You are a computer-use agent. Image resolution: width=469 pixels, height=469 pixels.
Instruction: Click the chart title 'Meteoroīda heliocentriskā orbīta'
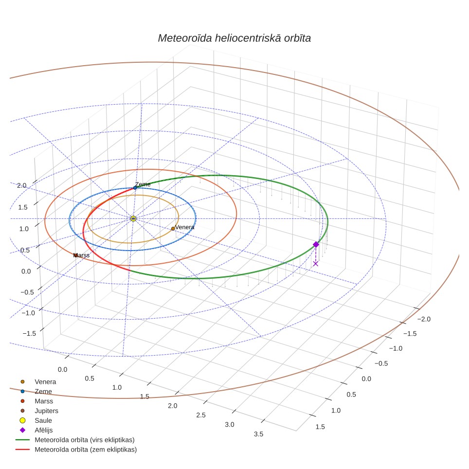click(234, 38)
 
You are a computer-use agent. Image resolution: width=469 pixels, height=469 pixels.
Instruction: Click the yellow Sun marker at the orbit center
click(133, 218)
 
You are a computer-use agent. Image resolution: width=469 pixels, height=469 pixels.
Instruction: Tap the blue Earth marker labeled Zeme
click(135, 188)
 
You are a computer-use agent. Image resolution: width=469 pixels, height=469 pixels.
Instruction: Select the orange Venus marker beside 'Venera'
click(173, 229)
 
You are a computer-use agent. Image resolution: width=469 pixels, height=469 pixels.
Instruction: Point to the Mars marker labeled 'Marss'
click(76, 255)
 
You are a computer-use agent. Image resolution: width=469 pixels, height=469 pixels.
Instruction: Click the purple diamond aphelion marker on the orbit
click(316, 245)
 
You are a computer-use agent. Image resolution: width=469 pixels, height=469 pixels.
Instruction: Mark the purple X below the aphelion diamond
click(316, 264)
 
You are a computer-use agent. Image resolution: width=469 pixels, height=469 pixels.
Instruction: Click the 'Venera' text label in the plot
click(184, 227)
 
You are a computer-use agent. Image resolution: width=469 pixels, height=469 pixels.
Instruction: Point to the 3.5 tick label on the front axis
click(258, 434)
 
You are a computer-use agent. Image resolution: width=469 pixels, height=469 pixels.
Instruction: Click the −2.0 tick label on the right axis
click(424, 319)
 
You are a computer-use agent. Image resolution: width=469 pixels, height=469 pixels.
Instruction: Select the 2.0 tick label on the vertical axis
click(22, 185)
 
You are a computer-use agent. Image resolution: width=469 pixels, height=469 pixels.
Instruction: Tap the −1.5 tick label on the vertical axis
click(29, 333)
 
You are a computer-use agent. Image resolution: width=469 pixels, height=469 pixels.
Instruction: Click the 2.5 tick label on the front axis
click(201, 415)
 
